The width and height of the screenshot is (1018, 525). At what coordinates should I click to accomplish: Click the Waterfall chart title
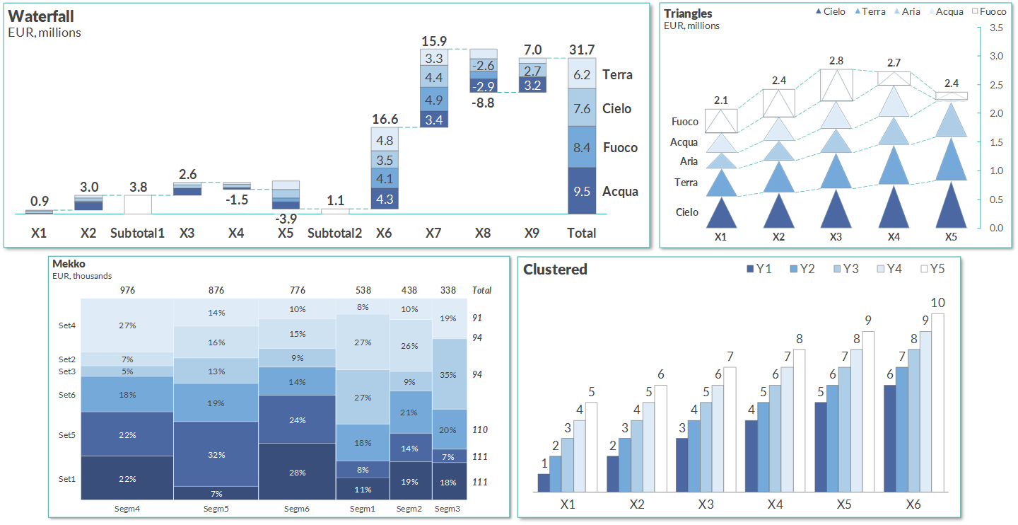coord(41,16)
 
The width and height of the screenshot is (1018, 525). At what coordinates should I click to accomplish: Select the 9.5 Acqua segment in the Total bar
coord(582,191)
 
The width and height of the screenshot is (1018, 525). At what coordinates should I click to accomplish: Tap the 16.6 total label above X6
coord(385,119)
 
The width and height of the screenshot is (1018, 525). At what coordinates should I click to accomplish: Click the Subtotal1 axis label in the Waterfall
coord(137,233)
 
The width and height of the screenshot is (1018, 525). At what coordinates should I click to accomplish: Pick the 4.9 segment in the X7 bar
coord(434,100)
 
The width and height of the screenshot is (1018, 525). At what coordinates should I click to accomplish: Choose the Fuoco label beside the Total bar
coord(620,148)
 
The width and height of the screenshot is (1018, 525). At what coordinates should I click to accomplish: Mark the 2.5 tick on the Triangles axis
coord(996,85)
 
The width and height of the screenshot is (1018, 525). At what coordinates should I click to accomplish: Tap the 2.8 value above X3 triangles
coord(836,61)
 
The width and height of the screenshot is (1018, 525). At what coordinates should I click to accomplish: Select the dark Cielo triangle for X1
coord(721,214)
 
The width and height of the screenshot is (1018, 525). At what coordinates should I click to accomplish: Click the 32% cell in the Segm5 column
coord(216,454)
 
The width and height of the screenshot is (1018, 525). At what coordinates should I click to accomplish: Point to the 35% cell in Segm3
coord(447,375)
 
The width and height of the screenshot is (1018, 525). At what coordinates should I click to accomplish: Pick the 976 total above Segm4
coord(127,290)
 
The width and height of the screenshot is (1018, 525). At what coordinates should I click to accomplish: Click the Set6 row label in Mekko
coord(67,395)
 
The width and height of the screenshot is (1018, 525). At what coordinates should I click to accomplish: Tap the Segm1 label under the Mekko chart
coord(363,509)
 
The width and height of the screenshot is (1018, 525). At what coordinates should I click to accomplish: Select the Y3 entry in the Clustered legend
coord(845,269)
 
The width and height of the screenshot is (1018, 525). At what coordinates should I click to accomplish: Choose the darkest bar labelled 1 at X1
coord(544,483)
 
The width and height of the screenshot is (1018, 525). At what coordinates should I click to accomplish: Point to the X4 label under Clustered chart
coord(775,504)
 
